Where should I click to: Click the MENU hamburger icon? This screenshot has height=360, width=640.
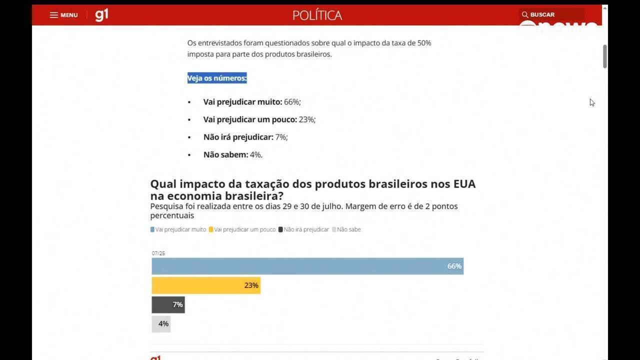point(53,15)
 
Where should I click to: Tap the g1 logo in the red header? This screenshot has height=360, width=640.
point(101,15)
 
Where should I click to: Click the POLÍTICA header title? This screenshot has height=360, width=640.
point(317,15)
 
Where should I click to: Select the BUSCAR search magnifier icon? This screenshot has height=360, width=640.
point(525,14)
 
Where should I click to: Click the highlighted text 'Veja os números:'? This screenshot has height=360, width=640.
point(217,78)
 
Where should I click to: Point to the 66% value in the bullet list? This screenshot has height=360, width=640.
point(292,102)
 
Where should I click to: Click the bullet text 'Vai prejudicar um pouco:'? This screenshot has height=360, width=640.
point(250,119)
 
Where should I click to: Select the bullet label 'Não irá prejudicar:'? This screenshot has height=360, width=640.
point(238,137)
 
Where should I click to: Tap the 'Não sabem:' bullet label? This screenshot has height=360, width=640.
point(225,154)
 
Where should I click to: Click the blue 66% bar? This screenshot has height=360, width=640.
point(307,266)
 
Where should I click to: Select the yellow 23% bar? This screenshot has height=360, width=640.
point(205,285)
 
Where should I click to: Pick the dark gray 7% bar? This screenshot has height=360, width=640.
point(168,304)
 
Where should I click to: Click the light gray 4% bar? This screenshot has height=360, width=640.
point(161,324)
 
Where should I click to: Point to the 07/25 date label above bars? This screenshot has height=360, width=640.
point(158,253)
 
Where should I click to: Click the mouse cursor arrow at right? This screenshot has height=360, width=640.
point(591,102)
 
